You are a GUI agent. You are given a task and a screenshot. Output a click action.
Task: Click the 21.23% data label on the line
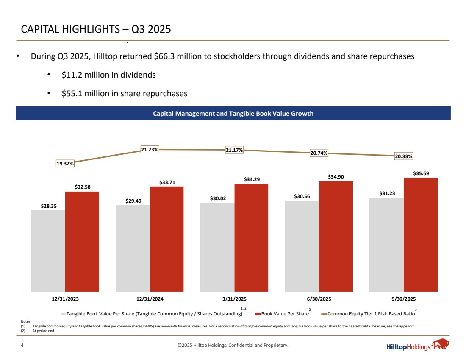point(150,149)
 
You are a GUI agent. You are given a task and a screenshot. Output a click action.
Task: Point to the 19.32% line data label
point(65,163)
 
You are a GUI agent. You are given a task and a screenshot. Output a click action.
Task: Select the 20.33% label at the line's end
point(404,156)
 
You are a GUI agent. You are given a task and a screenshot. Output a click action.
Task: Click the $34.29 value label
point(252,179)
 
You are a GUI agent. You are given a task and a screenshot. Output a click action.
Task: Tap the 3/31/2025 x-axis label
point(234,299)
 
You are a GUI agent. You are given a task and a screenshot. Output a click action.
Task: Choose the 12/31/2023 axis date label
point(65,299)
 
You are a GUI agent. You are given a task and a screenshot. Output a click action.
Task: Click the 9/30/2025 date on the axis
point(403,299)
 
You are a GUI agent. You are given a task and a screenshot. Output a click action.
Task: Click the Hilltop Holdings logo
point(418,346)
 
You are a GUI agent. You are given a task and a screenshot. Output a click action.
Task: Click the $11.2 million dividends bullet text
point(108,75)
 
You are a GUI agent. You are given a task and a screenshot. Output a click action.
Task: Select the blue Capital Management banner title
point(233,114)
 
